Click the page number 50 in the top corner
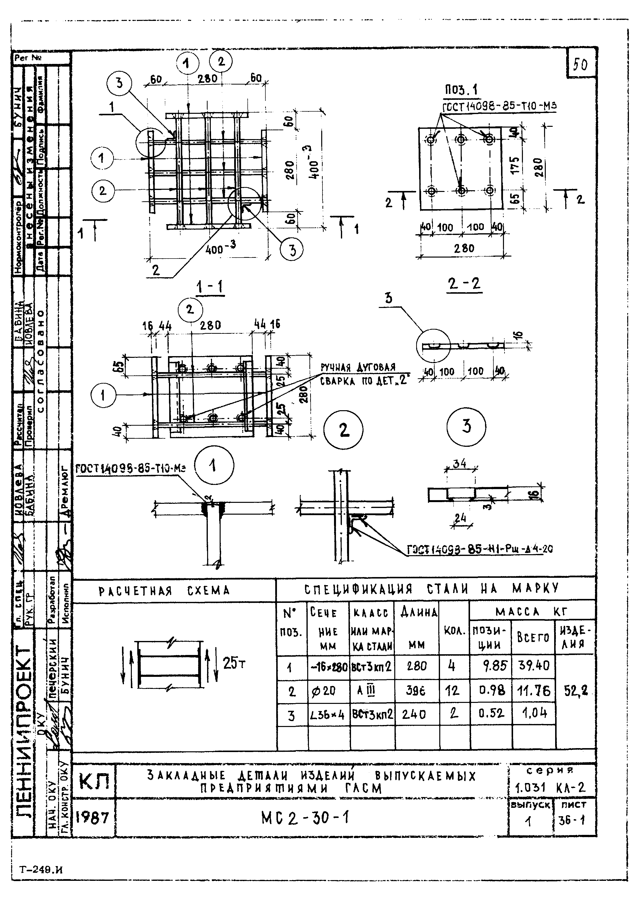580,64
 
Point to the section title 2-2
464,283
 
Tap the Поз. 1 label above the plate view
461,91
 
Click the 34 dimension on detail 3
459,464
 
